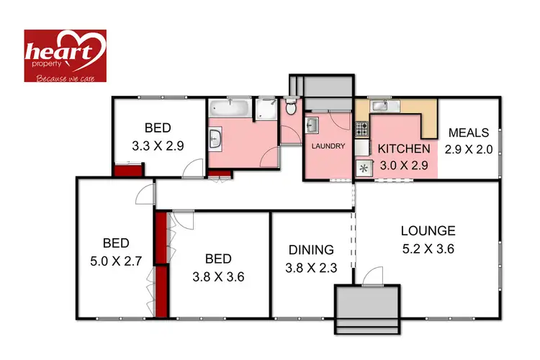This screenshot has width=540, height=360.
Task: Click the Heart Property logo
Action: coord(65,55)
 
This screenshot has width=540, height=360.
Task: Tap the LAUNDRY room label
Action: coord(328,146)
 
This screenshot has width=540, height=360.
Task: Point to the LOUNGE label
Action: coord(428,231)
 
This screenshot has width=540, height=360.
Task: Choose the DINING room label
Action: coord(311,250)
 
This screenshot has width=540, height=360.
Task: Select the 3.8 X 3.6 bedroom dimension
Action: coord(217,276)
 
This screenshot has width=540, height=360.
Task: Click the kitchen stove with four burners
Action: coord(361,130)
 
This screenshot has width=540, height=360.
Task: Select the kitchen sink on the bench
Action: coord(382,107)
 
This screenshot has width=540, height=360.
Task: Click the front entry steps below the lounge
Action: coord(367,310)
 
